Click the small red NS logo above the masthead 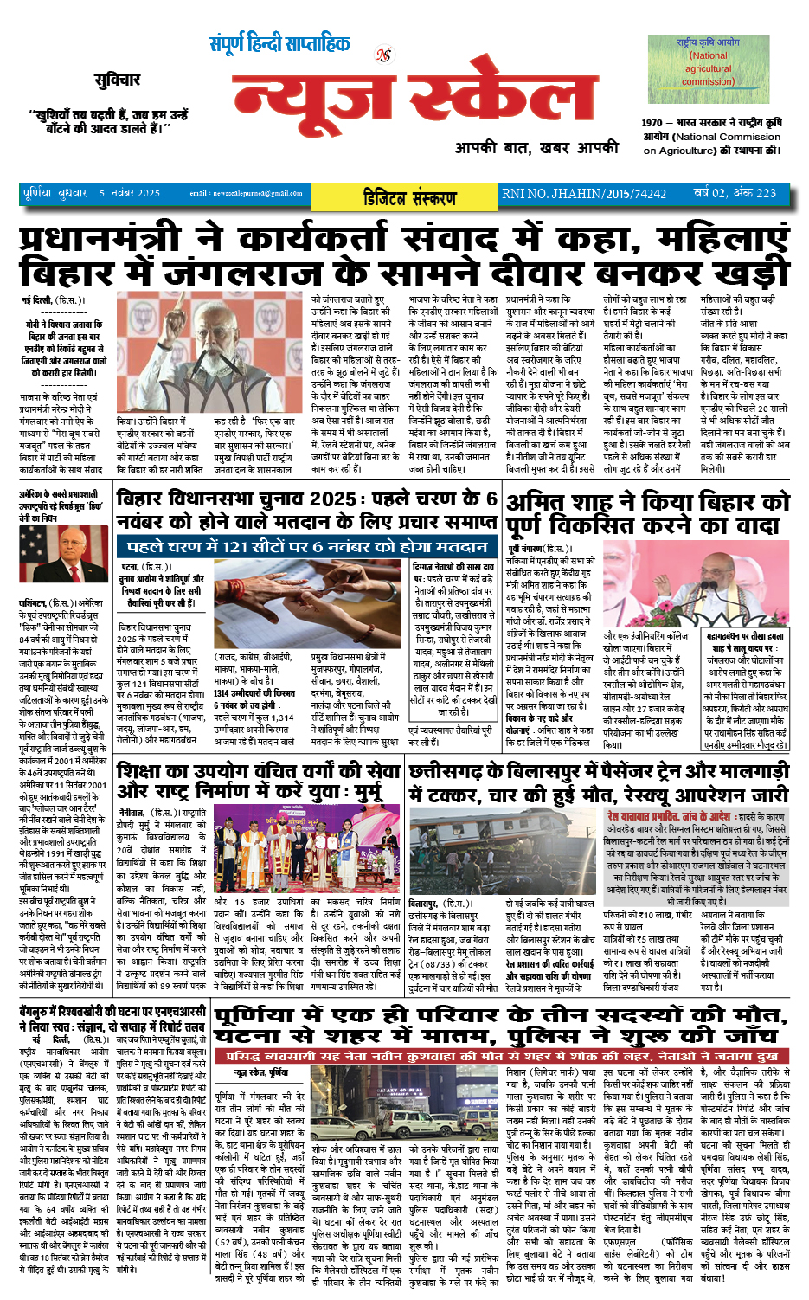click(x=383, y=55)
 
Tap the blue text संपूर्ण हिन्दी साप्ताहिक click(x=279, y=43)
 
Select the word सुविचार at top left click(x=117, y=80)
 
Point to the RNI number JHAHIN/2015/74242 click(x=585, y=194)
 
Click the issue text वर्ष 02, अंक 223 click(x=734, y=193)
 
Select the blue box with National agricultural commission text click(x=708, y=61)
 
